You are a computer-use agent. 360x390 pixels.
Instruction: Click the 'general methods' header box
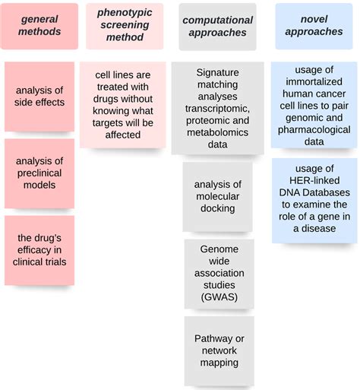[39, 26]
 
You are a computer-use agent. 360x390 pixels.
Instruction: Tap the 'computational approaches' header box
[217, 26]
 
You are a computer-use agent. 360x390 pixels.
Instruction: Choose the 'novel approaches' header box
[314, 26]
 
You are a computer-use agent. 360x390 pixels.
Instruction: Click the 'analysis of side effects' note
[39, 97]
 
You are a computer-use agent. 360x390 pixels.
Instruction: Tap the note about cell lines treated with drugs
[122, 105]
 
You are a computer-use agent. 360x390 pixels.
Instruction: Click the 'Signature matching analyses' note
[217, 108]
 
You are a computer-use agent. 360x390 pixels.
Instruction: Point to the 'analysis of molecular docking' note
[218, 195]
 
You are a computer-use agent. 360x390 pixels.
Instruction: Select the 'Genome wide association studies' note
[218, 273]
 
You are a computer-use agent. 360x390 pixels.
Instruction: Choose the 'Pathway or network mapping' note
[218, 350]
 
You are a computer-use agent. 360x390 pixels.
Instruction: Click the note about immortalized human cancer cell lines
[314, 105]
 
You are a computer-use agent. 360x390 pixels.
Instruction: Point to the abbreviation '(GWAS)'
[218, 297]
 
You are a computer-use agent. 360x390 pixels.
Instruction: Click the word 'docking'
[218, 208]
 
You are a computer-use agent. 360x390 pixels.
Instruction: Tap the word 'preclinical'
[39, 173]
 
